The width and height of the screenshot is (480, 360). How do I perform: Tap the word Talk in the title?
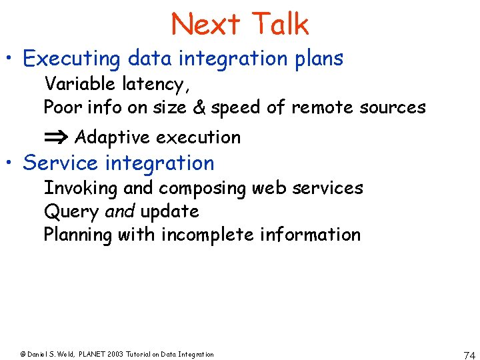point(280,25)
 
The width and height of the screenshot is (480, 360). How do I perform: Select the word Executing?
point(71,59)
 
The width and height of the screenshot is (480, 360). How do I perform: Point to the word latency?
point(155,85)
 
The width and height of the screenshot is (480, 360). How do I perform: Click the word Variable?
point(80,85)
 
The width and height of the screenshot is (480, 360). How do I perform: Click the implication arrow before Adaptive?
point(56,137)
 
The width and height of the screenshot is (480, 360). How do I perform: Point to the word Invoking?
point(80,188)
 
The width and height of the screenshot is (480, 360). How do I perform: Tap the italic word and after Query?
point(121,211)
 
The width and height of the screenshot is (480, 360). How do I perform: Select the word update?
point(169,211)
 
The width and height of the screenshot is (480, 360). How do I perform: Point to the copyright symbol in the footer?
point(23,355)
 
